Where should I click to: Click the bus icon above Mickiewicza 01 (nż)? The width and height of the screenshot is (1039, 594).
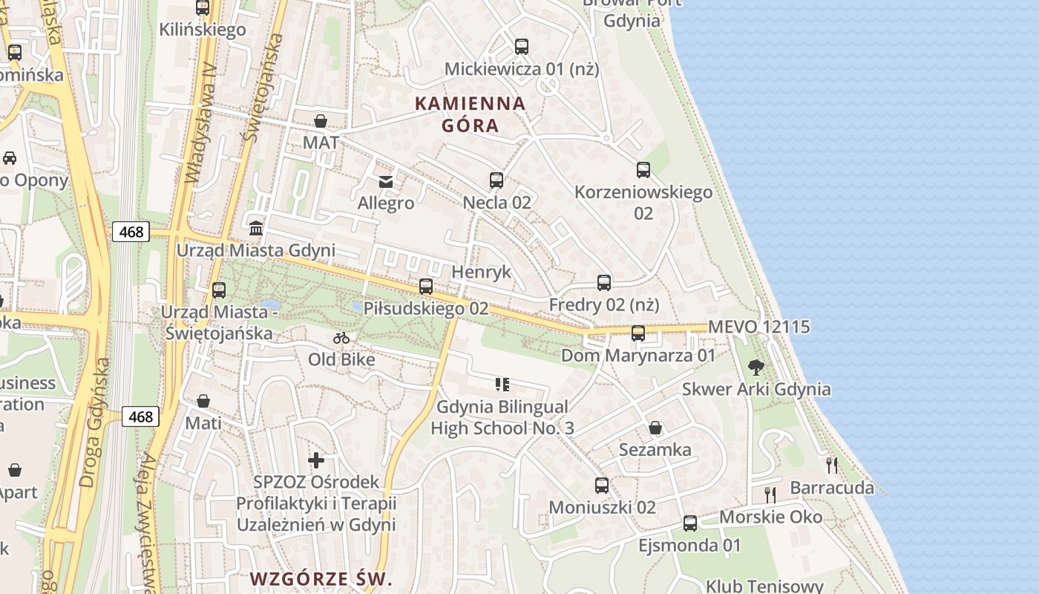[522, 47]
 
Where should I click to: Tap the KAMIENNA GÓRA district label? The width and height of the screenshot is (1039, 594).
[470, 114]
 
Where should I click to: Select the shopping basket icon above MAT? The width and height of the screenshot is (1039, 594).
[321, 121]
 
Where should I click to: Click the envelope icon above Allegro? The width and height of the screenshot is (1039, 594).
[386, 181]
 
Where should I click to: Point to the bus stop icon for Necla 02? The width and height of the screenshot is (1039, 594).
[496, 180]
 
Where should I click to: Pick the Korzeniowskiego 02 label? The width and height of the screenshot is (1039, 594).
[643, 202]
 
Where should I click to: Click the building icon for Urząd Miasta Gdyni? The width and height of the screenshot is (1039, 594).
[256, 228]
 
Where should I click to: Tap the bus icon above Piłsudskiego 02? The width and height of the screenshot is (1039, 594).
[426, 287]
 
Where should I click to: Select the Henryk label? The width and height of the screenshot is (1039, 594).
[481, 272]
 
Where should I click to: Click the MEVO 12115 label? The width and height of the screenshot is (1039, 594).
[758, 327]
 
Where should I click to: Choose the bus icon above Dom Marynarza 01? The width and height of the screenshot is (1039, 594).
[638, 333]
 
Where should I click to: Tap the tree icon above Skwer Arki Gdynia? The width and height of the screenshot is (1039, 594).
[756, 367]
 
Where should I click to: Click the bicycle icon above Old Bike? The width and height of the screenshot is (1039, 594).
[341, 338]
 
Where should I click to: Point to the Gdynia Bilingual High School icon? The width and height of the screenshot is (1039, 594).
[502, 384]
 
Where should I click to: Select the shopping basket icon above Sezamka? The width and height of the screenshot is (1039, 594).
[655, 428]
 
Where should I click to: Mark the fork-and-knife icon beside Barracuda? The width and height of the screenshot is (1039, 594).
[832, 466]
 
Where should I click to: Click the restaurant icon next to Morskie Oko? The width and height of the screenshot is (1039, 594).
[770, 494]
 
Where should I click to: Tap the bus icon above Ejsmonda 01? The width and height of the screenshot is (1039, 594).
[690, 523]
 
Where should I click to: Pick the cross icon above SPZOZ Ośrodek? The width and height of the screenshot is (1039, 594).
[316, 460]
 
